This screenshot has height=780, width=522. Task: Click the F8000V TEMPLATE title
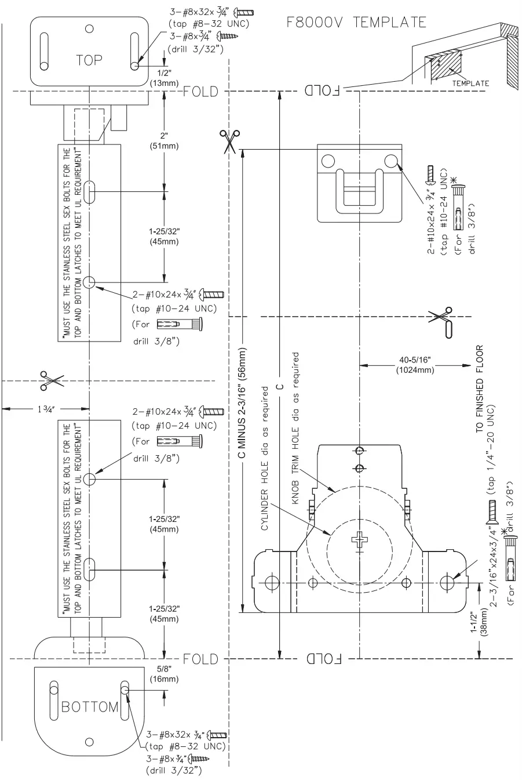pos(356,23)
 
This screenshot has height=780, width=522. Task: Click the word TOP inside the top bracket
pos(89,60)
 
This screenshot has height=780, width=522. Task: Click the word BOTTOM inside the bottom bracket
pos(90,707)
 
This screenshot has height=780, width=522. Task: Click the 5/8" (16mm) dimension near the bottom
pos(165,674)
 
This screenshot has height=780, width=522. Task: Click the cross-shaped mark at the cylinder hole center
pos(359,540)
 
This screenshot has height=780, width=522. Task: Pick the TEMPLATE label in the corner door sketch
pos(470,84)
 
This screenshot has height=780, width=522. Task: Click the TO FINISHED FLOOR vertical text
pos(480,390)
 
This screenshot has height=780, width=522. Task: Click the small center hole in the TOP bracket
pos(89,28)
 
